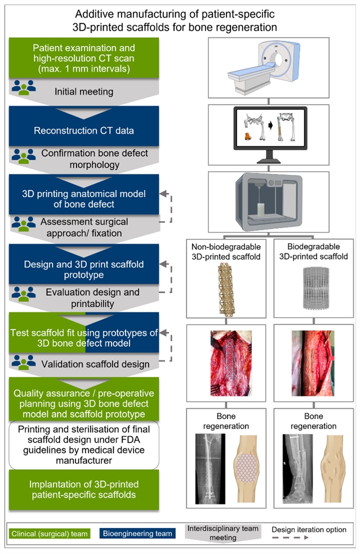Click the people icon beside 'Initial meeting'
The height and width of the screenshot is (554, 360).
pyautogui.click(x=23, y=87)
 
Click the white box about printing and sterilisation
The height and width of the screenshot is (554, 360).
pyautogui.click(x=84, y=445)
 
